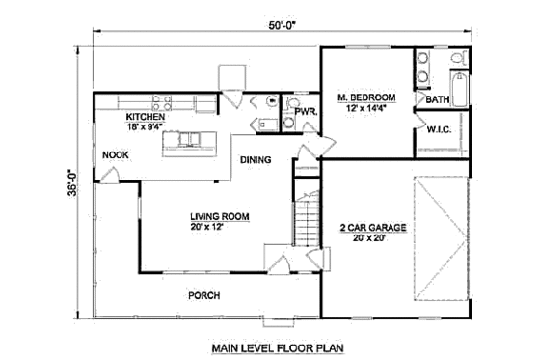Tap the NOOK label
(x=116, y=152)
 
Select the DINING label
(x=256, y=159)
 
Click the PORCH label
(x=204, y=295)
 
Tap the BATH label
(x=438, y=99)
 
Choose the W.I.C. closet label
(x=440, y=127)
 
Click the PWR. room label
(x=307, y=113)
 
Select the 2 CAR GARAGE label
(x=371, y=227)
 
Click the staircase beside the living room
(x=307, y=221)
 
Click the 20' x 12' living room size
(x=219, y=229)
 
